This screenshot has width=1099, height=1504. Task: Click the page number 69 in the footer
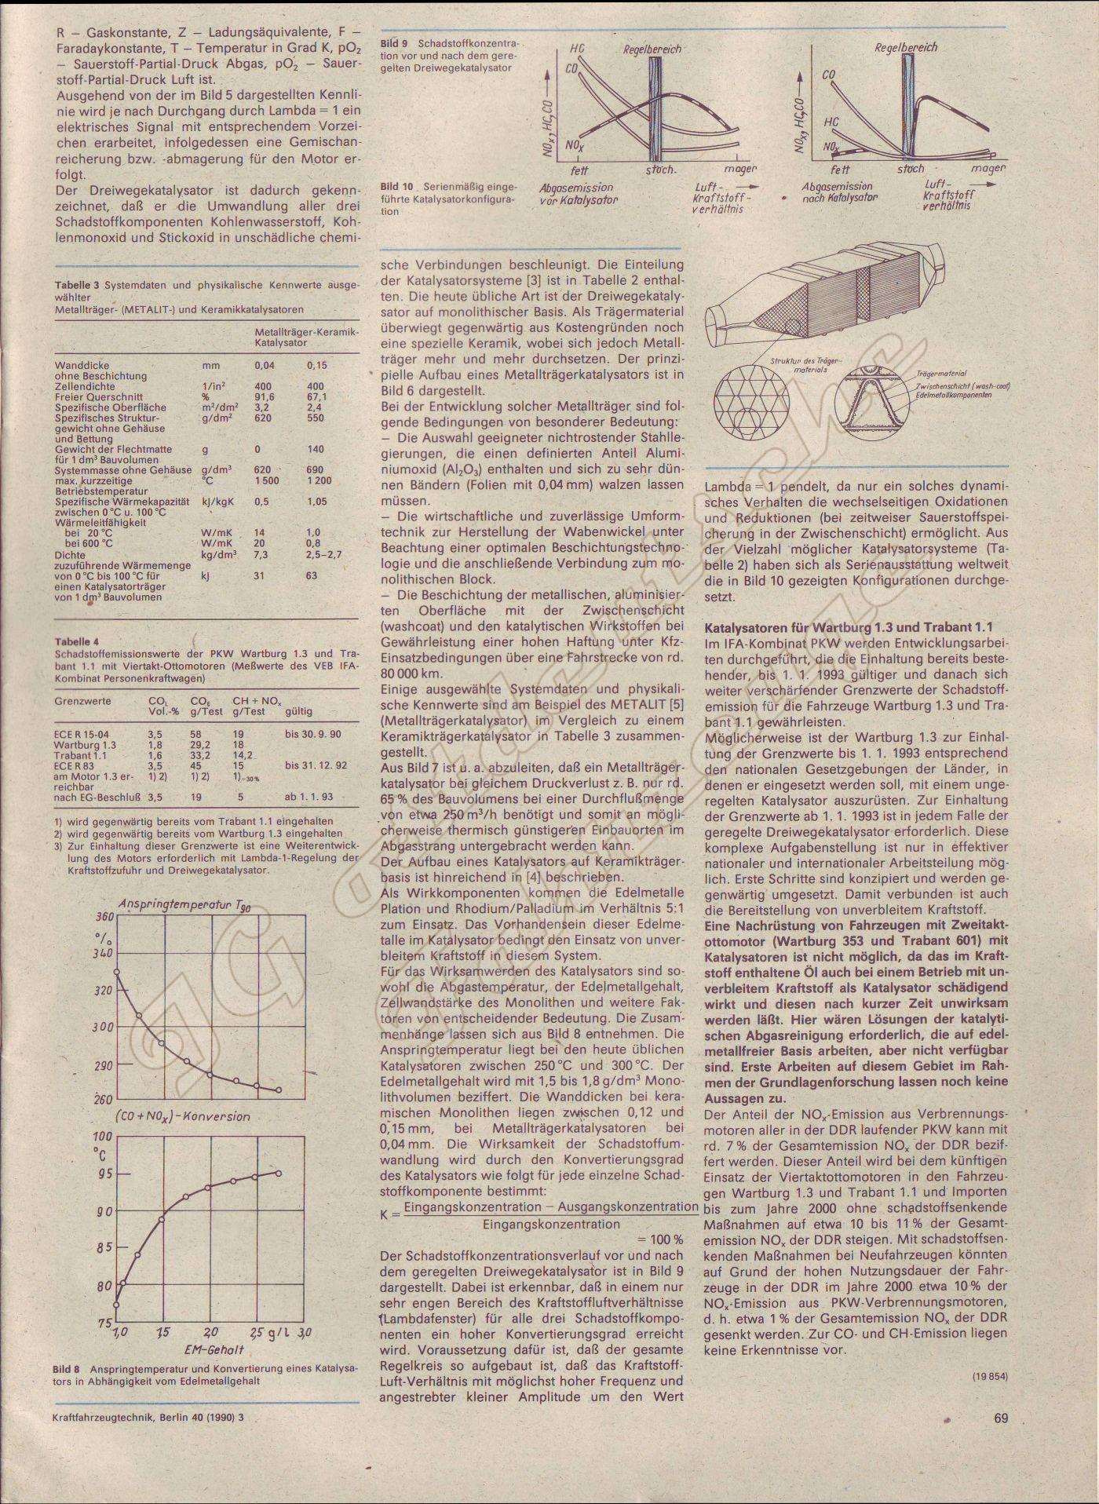[x=999, y=1418]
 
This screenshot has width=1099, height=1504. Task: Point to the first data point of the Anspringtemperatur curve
[x=116, y=972]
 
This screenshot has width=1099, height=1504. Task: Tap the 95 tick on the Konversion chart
[x=103, y=1174]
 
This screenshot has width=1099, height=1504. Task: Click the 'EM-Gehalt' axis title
[x=214, y=1351]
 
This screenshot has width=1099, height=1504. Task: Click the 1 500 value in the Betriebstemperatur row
[x=266, y=480]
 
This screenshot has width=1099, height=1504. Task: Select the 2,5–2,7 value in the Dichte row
[x=325, y=554]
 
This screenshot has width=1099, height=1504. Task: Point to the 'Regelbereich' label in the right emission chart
[x=905, y=47]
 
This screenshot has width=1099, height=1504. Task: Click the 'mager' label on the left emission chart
[x=740, y=169]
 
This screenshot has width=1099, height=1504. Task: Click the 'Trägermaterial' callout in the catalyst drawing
[x=941, y=374]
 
